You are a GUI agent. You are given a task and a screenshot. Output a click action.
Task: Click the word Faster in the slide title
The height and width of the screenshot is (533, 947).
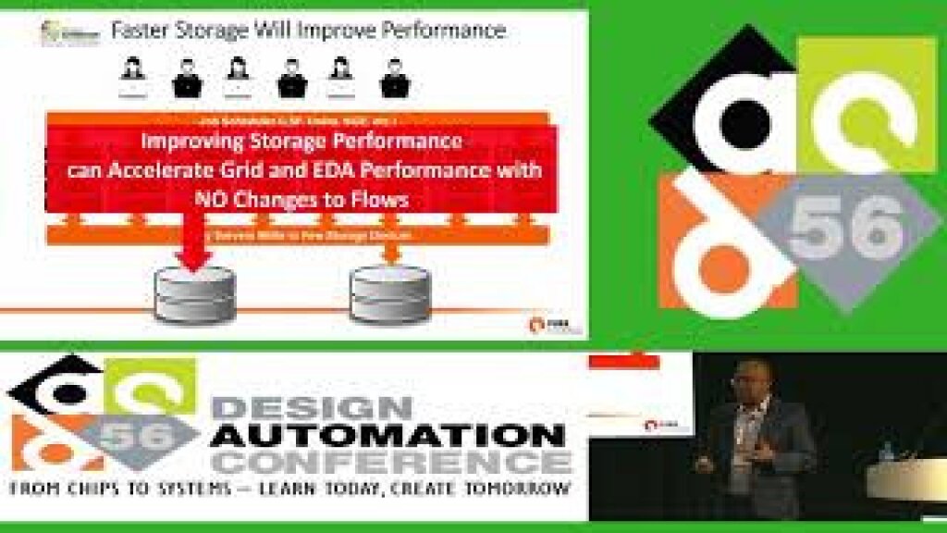[140, 30]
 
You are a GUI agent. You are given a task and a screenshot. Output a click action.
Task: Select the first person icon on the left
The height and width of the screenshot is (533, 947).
[132, 78]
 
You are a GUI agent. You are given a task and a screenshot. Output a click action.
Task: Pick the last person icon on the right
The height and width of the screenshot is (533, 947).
[395, 78]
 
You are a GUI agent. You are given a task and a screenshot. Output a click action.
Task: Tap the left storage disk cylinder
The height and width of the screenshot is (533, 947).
[194, 295]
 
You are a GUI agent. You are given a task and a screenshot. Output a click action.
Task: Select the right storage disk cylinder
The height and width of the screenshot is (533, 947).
[390, 295]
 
